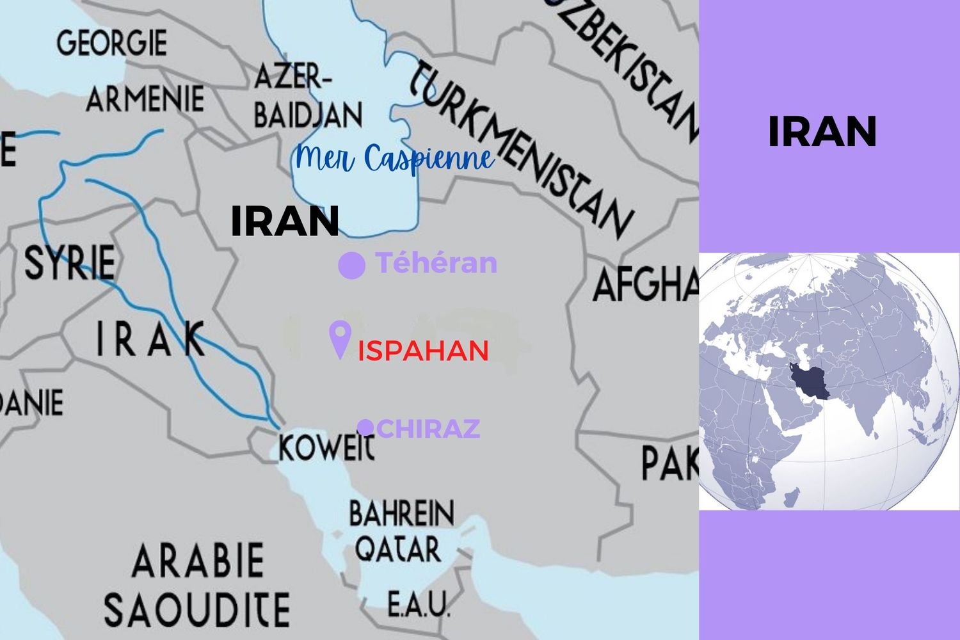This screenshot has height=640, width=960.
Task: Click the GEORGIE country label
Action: click(x=111, y=43)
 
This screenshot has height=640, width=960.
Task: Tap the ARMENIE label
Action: click(x=145, y=99)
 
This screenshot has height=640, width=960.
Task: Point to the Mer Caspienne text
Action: click(x=395, y=159)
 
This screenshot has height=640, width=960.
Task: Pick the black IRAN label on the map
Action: click(x=284, y=221)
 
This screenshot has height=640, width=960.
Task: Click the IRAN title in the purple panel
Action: click(x=822, y=132)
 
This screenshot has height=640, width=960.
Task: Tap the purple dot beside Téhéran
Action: click(x=351, y=265)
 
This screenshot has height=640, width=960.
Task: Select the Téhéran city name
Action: click(x=436, y=263)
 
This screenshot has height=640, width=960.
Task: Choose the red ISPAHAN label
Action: click(x=423, y=351)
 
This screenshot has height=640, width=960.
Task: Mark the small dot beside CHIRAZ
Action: click(x=365, y=427)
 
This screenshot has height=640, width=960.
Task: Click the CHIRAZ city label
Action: click(x=428, y=428)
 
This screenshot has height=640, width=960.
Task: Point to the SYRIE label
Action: click(x=70, y=262)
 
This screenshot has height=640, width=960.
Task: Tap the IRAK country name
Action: click(x=150, y=339)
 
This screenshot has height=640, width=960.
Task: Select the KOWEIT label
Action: click(x=326, y=446)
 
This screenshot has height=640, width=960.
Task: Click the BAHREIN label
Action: click(x=401, y=513)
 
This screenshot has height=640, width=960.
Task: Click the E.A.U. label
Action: click(x=419, y=604)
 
